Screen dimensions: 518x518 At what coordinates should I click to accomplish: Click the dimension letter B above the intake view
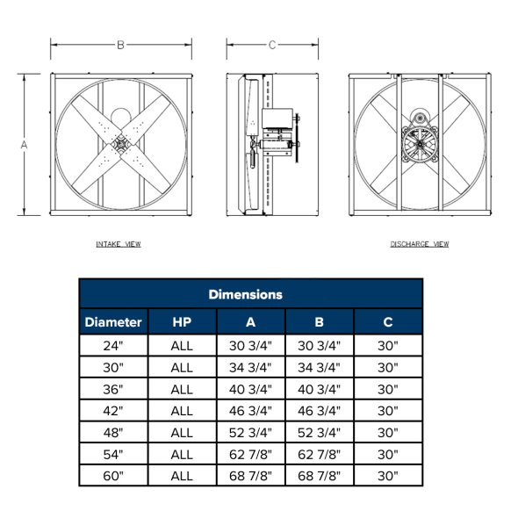pos(121,45)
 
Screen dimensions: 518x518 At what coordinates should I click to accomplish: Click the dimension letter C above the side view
pos(272,45)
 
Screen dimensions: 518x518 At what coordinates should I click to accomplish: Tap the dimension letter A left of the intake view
pos(24,145)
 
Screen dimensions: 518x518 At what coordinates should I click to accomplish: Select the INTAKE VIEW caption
pos(119,244)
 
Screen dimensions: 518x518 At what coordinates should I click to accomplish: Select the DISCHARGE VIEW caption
pos(420,244)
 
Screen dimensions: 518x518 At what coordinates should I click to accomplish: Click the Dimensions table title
pos(246,294)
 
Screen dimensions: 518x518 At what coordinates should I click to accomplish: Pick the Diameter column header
pos(113,322)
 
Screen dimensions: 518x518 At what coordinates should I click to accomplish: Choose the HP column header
pos(182,322)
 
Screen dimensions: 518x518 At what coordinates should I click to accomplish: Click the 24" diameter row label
pos(113,346)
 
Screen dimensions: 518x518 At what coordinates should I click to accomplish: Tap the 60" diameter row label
pos(113,476)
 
